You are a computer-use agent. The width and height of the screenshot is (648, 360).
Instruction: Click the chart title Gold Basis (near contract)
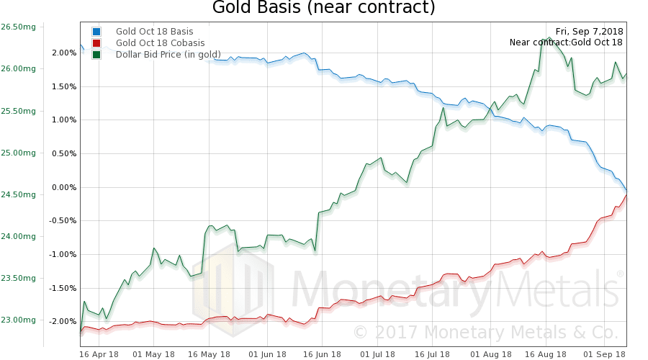click(x=323, y=9)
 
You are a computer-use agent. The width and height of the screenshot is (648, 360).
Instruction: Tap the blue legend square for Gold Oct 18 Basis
click(x=97, y=32)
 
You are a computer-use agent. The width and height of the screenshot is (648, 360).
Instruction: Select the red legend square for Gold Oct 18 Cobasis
click(x=97, y=43)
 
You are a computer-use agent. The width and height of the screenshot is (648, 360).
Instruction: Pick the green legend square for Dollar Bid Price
click(x=97, y=55)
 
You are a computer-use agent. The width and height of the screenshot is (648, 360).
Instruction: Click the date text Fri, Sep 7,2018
click(x=589, y=31)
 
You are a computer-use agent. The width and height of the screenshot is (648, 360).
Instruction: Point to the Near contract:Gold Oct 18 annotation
click(x=566, y=42)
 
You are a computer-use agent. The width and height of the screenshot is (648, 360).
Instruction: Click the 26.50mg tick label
click(x=19, y=27)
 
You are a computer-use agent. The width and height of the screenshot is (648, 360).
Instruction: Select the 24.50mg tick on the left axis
click(x=19, y=194)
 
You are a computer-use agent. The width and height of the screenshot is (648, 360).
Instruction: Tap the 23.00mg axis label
click(x=19, y=320)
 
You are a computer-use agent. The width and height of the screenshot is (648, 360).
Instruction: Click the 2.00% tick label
click(x=63, y=53)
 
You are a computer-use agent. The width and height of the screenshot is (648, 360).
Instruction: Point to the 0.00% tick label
click(x=63, y=187)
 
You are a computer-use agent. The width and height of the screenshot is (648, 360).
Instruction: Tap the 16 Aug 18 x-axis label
click(x=546, y=354)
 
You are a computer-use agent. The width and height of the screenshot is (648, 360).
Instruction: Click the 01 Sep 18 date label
click(x=601, y=354)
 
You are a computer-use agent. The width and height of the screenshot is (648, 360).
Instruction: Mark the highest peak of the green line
click(x=549, y=37)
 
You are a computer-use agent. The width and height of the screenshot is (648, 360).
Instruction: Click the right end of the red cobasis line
click(x=626, y=195)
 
